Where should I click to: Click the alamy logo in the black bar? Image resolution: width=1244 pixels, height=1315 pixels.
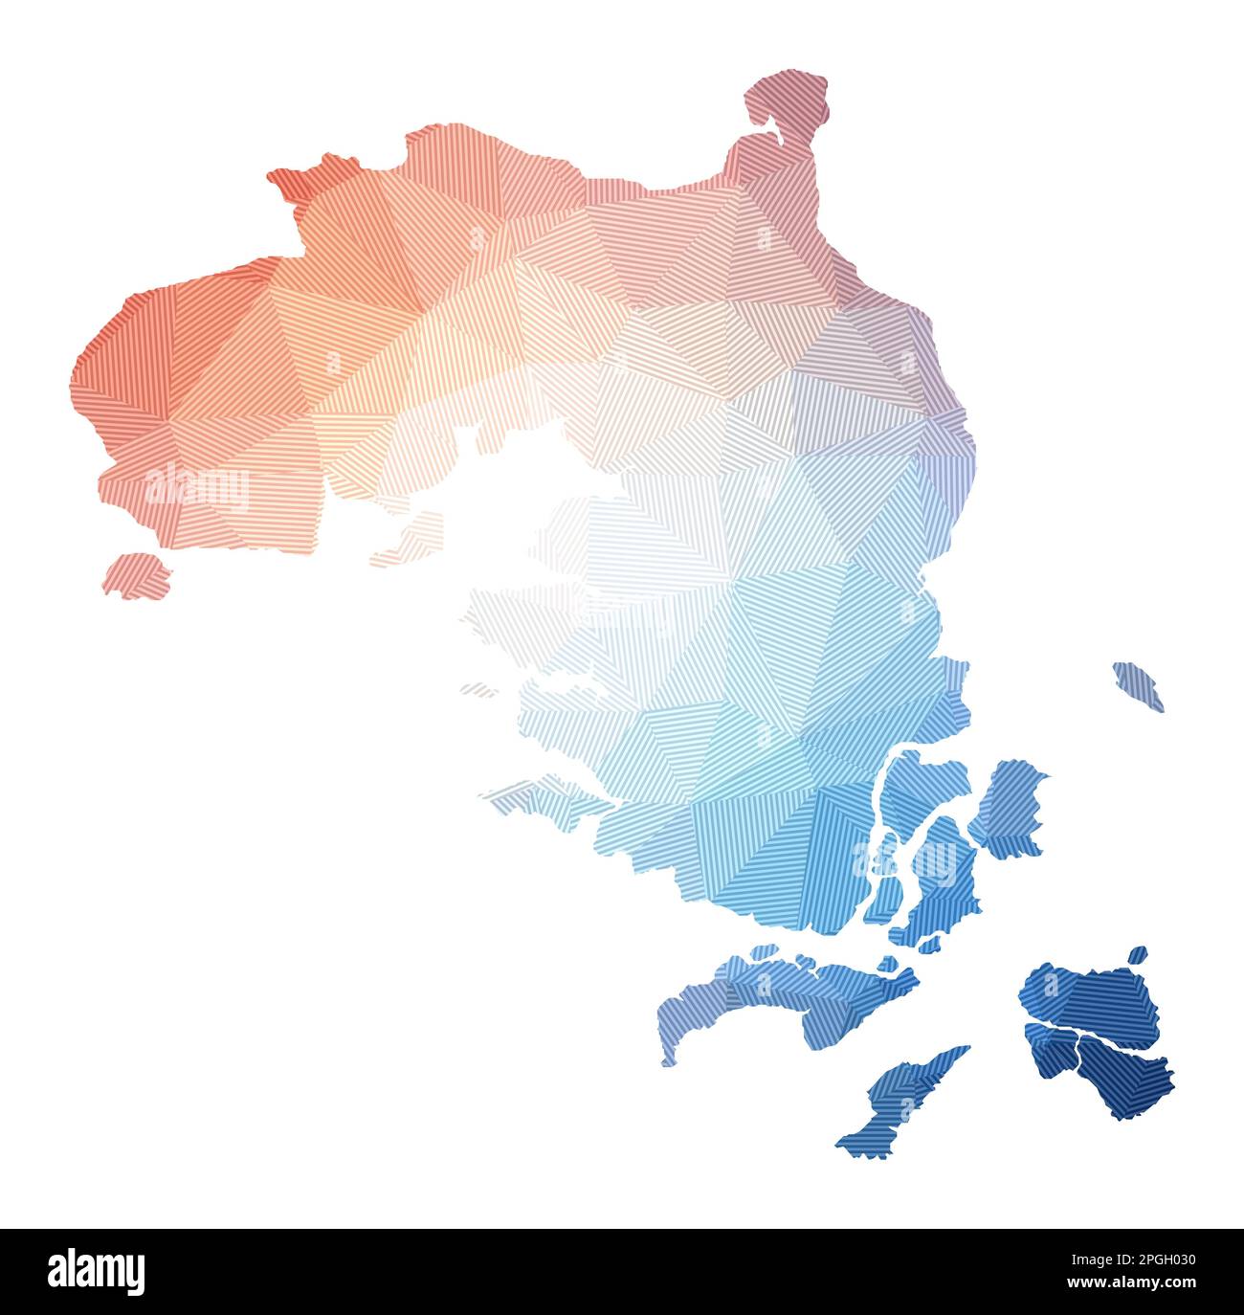pos(96,1272)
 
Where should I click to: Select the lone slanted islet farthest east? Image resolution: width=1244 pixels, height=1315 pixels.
pos(1138,685)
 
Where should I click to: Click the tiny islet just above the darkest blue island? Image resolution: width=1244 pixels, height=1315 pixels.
pos(1136,955)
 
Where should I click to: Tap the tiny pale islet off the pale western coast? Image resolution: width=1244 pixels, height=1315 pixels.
pos(478,688)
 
